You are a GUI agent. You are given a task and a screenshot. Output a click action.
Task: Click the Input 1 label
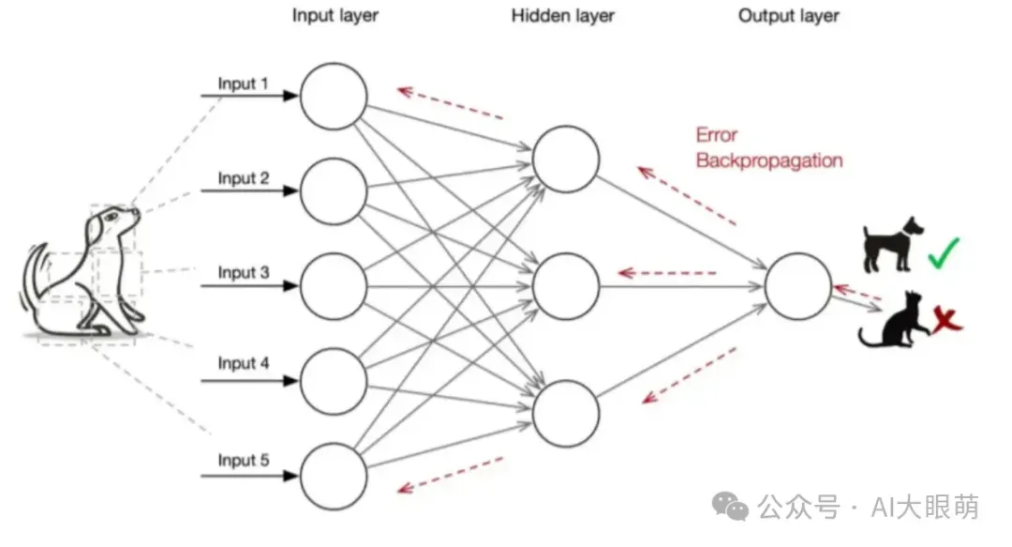244,84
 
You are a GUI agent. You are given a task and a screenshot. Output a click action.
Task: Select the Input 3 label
244,272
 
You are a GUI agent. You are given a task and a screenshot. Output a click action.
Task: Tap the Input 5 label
244,460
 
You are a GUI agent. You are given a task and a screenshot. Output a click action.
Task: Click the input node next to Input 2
334,190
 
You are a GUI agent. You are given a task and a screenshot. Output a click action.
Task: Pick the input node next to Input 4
334,380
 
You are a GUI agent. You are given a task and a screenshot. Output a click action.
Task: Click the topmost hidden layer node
566,158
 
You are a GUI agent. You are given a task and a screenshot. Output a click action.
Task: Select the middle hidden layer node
566,285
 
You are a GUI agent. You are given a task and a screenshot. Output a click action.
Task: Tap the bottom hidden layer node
566,413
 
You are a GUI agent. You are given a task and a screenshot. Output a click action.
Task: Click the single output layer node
798,285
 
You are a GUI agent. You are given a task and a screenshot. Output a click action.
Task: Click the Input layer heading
335,16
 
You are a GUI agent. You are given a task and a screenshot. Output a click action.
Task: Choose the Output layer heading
789,16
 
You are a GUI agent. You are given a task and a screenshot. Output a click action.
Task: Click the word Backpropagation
769,160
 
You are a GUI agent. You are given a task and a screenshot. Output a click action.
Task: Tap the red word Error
717,135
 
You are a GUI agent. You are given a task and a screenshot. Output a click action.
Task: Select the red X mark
947,322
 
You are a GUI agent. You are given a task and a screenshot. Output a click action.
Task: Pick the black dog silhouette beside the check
891,243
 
